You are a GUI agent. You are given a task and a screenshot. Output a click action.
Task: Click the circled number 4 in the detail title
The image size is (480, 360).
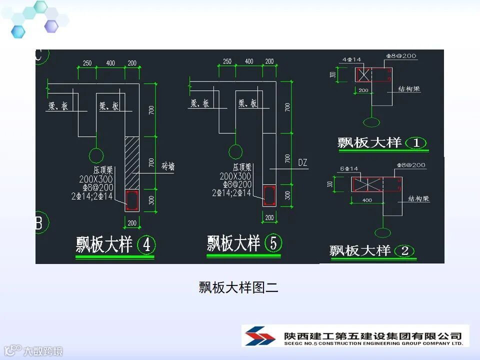click(146, 245)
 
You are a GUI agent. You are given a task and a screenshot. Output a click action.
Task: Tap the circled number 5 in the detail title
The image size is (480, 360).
click(273, 243)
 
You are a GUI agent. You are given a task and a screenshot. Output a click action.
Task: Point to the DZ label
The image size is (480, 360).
click(302, 163)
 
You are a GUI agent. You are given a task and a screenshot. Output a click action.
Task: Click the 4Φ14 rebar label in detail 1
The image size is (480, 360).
click(352, 60)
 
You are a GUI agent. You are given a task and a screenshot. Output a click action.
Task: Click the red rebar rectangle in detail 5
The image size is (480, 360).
click(269, 195)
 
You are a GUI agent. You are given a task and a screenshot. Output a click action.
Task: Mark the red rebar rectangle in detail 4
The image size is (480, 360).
click(132, 200)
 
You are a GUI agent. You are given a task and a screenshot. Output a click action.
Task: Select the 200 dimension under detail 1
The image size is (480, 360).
click(363, 90)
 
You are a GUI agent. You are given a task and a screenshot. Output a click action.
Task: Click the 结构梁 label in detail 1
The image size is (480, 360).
click(409, 89)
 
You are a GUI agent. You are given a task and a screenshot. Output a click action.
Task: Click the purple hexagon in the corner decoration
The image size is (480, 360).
click(51, 26)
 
